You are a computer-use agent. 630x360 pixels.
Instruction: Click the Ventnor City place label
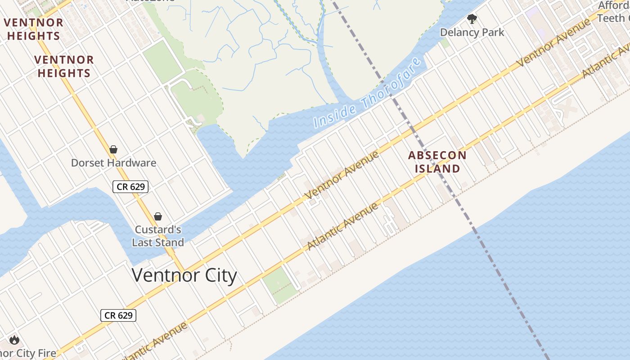coord(184,275)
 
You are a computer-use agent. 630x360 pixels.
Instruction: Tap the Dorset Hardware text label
coord(113,163)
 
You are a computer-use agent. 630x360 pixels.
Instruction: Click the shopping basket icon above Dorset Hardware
coord(113,149)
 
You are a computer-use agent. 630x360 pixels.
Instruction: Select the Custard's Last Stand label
coord(158,236)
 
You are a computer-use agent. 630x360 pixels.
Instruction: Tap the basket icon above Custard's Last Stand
coord(158,216)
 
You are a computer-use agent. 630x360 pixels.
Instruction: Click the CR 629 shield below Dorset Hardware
coord(130,186)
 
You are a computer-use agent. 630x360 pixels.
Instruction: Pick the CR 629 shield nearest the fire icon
coord(118,315)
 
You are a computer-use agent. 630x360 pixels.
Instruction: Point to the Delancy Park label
coord(472,32)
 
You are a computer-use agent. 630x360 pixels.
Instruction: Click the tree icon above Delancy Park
coord(472,19)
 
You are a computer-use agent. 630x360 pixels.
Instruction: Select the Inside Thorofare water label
coord(368,92)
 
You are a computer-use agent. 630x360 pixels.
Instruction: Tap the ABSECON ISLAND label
coord(437,162)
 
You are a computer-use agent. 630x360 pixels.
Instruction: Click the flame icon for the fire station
coord(14,340)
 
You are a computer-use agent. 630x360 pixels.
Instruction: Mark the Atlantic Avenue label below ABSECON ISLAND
coord(343,227)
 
